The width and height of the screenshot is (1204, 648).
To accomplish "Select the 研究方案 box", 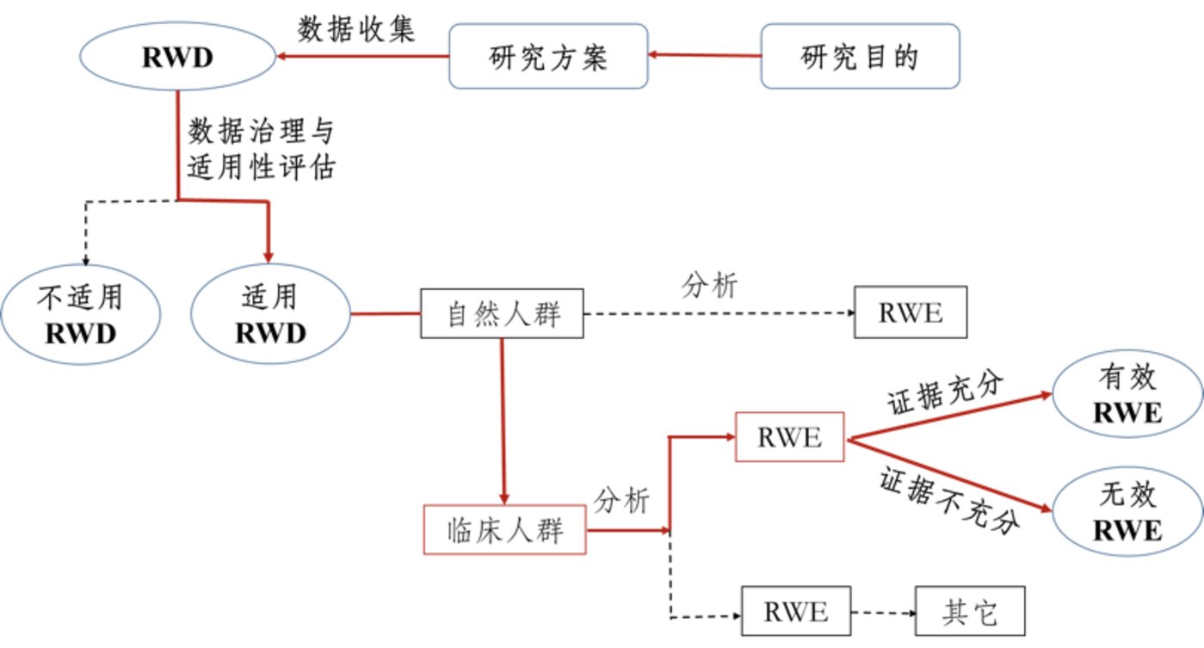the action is click(x=548, y=56).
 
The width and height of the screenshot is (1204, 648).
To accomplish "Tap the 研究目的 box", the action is click(x=860, y=56).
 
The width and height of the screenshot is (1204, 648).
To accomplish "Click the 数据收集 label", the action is click(x=355, y=29).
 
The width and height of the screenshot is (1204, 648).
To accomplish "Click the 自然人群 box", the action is click(x=502, y=313).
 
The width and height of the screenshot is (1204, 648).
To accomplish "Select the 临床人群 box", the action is click(x=504, y=530).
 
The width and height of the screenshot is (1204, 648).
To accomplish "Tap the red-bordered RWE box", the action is click(x=789, y=437).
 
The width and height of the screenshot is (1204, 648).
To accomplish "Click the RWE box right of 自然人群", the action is click(x=911, y=312).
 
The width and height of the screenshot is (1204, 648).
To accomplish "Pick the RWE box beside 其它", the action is click(x=796, y=612).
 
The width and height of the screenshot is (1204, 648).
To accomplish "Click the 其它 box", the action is click(x=970, y=612).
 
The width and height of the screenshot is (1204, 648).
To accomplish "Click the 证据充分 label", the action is click(x=945, y=393).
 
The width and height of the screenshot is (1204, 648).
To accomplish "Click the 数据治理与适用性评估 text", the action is click(x=262, y=148).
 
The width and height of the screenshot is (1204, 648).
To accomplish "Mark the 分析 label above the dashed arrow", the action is click(x=709, y=285).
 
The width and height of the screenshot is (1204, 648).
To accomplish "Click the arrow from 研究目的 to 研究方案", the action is click(x=705, y=55).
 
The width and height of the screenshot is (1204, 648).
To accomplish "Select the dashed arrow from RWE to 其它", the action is click(x=884, y=613).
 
